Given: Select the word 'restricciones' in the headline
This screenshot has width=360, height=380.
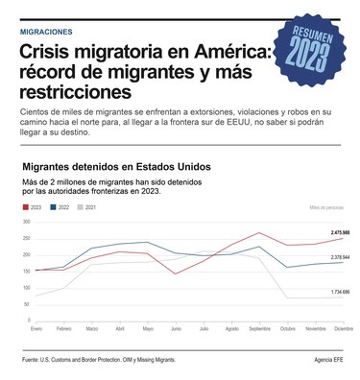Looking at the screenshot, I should coord(77,93).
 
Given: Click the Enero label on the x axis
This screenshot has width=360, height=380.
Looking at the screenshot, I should coord(36,330).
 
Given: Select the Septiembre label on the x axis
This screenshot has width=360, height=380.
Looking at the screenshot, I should coord(259,330).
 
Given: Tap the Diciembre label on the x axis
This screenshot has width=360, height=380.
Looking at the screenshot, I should coord(341,330).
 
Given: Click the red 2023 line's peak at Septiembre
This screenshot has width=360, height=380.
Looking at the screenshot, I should coord(259,232).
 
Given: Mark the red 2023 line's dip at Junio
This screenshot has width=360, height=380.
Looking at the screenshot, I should coord(176,273).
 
